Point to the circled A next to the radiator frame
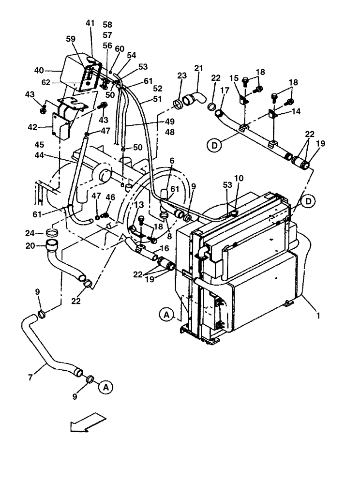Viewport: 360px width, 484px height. click(165, 315)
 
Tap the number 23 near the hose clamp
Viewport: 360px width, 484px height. click(181, 76)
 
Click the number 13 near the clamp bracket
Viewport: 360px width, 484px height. click(139, 205)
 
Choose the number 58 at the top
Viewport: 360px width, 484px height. click(107, 24)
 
